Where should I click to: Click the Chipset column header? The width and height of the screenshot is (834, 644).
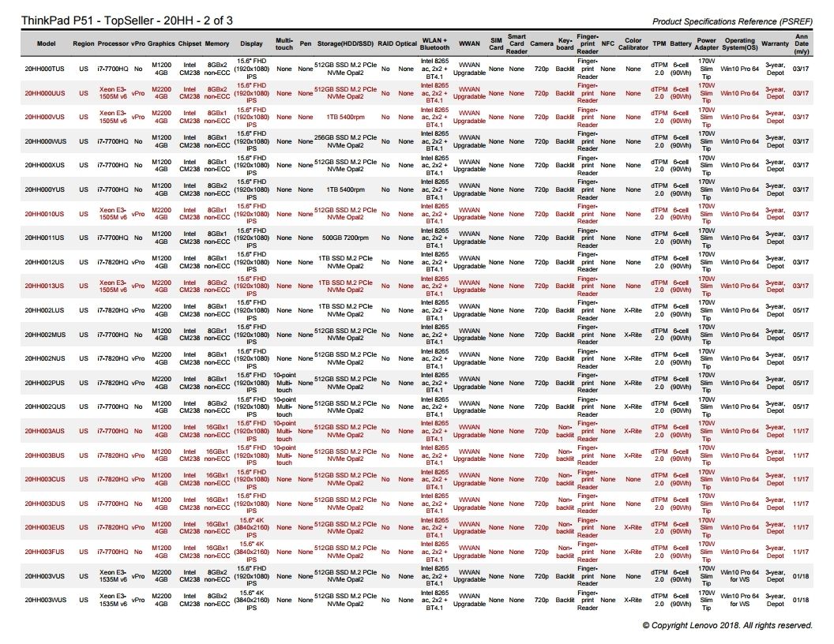(x=190, y=44)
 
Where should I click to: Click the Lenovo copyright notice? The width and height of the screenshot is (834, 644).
(x=727, y=625)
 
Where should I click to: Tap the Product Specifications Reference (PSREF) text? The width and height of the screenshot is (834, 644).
(x=732, y=21)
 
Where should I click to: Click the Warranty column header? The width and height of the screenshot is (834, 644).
(x=775, y=44)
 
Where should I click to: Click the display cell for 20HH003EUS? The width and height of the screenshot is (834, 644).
(x=252, y=527)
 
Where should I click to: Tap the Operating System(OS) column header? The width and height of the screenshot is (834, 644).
(x=740, y=44)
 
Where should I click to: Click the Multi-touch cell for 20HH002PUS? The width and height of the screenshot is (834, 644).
(x=284, y=382)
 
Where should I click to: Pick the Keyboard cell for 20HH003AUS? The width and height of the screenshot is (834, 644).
(x=565, y=431)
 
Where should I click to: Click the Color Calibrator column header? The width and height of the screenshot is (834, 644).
(x=633, y=44)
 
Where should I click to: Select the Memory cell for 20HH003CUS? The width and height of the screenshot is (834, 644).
(x=217, y=479)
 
